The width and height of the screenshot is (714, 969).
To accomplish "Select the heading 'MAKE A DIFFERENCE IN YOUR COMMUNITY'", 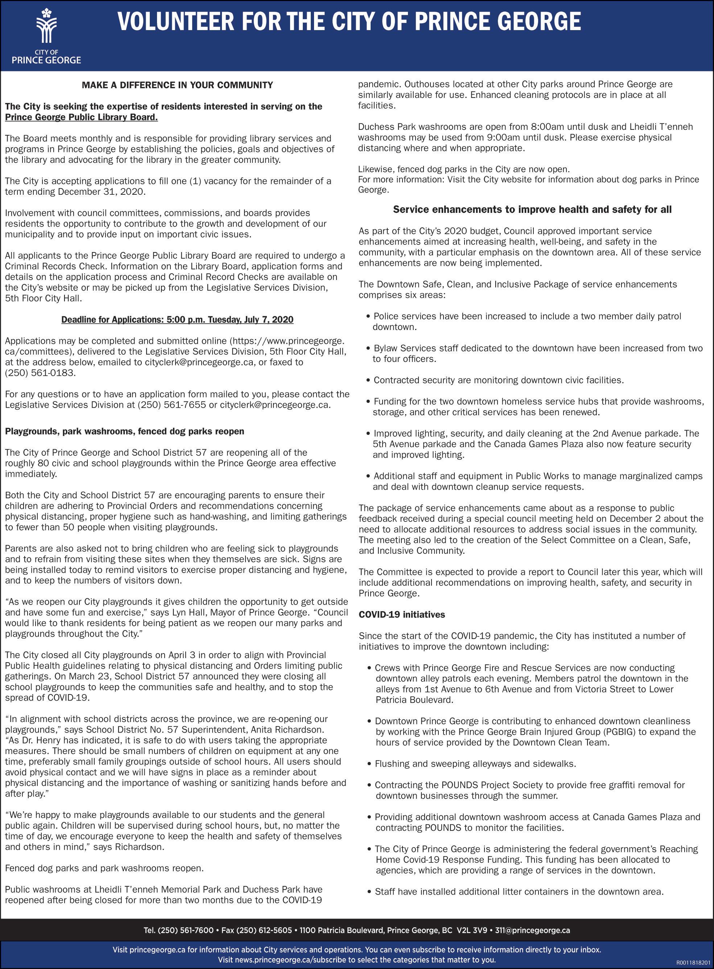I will tap(177, 85).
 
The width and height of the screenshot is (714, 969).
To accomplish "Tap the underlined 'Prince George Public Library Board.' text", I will tap(81, 117).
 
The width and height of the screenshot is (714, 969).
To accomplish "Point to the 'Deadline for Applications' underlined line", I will tap(177, 320).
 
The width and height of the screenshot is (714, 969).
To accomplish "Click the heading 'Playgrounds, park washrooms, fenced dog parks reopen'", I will tap(124, 431).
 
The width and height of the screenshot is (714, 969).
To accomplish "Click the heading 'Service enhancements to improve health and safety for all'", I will tap(532, 210).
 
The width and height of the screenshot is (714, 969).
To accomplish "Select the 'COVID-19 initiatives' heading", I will tap(401, 615).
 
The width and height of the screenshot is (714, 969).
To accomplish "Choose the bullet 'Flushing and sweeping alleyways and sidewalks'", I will tap(475, 764).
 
